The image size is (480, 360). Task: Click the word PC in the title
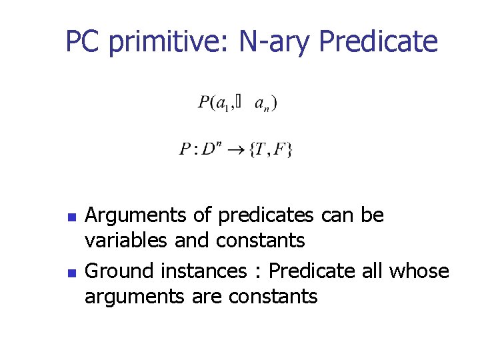pyautogui.click(x=83, y=42)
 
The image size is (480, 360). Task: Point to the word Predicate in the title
pyautogui.click(x=379, y=42)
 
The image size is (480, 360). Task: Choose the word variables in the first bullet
pyautogui.click(x=127, y=239)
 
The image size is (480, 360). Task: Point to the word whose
pyautogui.click(x=419, y=271)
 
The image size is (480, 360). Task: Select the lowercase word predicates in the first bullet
pyautogui.click(x=265, y=215)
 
